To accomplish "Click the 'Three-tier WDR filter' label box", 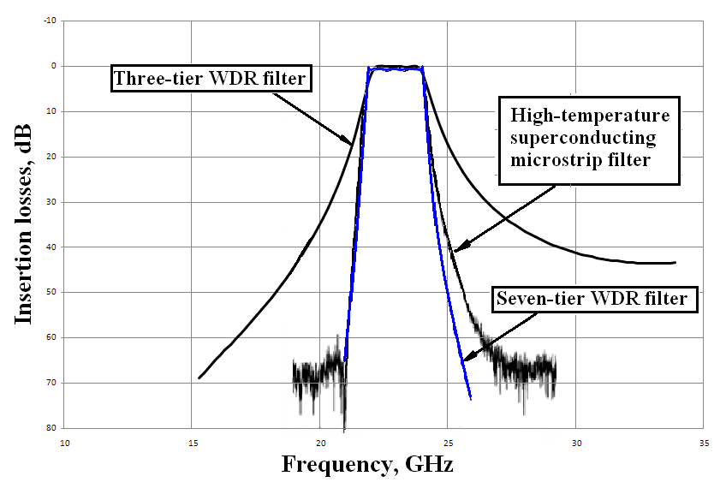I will [211, 80].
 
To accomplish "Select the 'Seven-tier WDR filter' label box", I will [595, 299].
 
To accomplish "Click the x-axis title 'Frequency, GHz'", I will [367, 465].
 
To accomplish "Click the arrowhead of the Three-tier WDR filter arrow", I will [352, 143].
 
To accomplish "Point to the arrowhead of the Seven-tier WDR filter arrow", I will [462, 360].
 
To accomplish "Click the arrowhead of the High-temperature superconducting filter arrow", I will [454, 251].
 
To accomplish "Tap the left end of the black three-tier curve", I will [199, 378].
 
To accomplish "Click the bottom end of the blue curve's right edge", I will [471, 399].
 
